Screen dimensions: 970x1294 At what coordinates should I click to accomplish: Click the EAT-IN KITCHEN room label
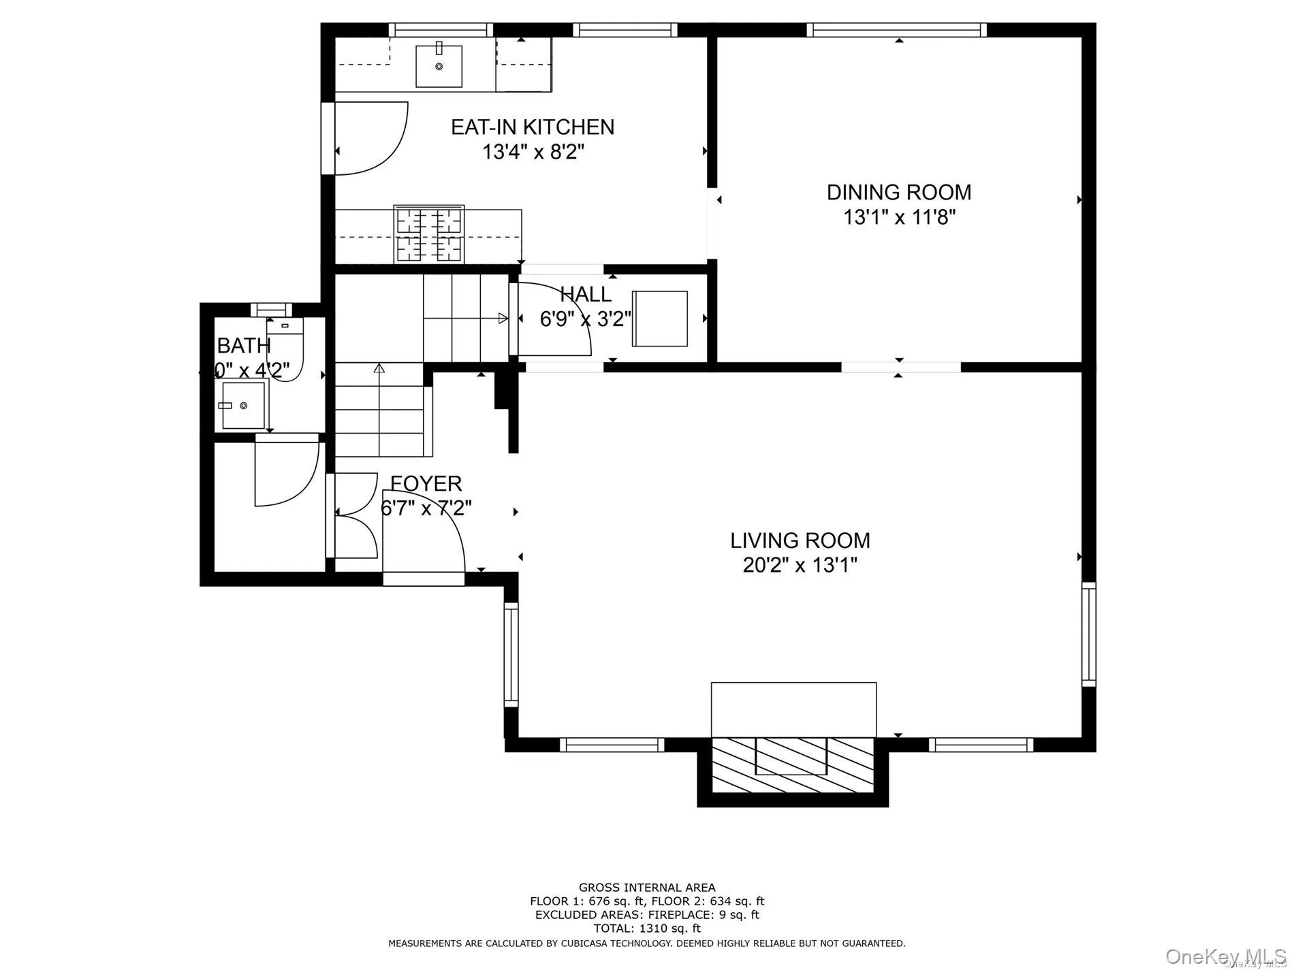coord(532,127)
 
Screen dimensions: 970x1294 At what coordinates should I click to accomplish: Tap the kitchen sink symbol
coord(439,66)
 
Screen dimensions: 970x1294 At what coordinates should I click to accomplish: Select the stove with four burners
coord(429,234)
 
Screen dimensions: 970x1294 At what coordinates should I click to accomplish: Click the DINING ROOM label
coord(898,192)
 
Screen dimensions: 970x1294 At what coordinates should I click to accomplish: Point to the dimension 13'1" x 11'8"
coord(900,218)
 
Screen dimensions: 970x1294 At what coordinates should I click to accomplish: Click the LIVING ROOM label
coord(800,540)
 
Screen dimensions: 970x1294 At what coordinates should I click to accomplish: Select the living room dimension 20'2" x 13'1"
coord(800,566)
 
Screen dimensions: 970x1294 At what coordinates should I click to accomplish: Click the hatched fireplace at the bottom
coord(792,764)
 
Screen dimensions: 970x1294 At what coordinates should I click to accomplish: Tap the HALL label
coord(585,295)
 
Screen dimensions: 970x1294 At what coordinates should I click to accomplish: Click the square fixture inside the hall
coord(659,318)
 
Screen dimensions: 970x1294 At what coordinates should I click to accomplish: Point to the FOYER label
coord(426,483)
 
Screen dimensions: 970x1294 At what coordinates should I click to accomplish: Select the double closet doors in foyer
coord(354,515)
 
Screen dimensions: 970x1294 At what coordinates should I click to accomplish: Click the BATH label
coord(244,346)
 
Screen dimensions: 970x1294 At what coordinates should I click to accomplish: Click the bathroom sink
coord(242,405)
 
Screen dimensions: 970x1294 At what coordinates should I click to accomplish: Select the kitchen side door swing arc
coord(371,138)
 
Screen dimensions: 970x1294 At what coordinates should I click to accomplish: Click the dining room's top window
coord(896,30)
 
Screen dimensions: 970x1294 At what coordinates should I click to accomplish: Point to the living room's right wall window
coord(1088,634)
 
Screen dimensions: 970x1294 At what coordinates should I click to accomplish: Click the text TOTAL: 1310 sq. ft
coord(646,928)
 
